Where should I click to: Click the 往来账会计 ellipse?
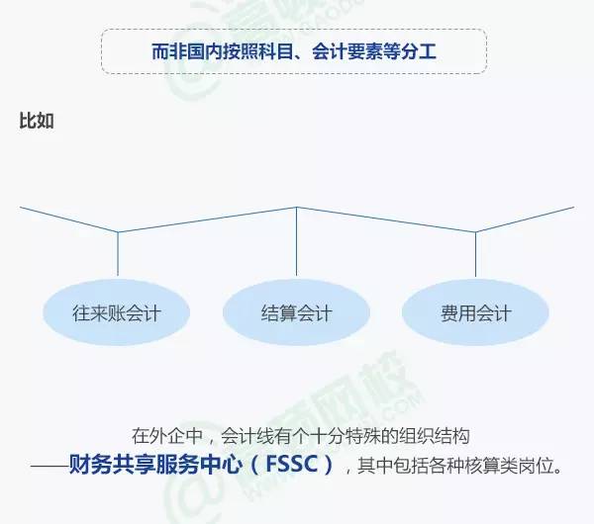117,314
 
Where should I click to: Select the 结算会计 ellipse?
297,314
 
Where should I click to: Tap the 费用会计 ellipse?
476,314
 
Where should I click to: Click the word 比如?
37,122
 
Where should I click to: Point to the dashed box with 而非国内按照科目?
294,51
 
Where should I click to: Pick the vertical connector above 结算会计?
297,241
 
